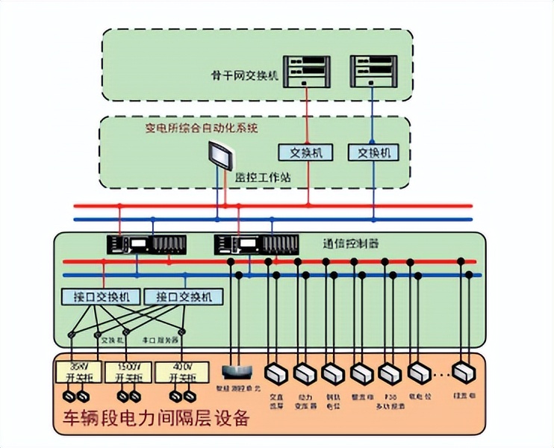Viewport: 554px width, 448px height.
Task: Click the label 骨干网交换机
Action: tap(245, 75)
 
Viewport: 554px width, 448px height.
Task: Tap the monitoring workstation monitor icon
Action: tap(222, 158)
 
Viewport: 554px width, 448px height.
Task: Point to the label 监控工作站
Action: tap(264, 178)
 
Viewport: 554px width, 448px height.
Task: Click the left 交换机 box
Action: tap(306, 152)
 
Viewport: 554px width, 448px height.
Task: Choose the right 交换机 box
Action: tap(374, 152)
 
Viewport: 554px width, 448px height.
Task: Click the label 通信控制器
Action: tap(351, 243)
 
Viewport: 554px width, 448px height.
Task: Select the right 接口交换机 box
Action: tap(179, 296)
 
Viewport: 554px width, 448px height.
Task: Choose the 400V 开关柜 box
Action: tap(178, 373)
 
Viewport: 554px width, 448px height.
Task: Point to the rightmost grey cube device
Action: tap(466, 371)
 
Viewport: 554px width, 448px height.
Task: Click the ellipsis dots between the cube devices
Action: tap(443, 371)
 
